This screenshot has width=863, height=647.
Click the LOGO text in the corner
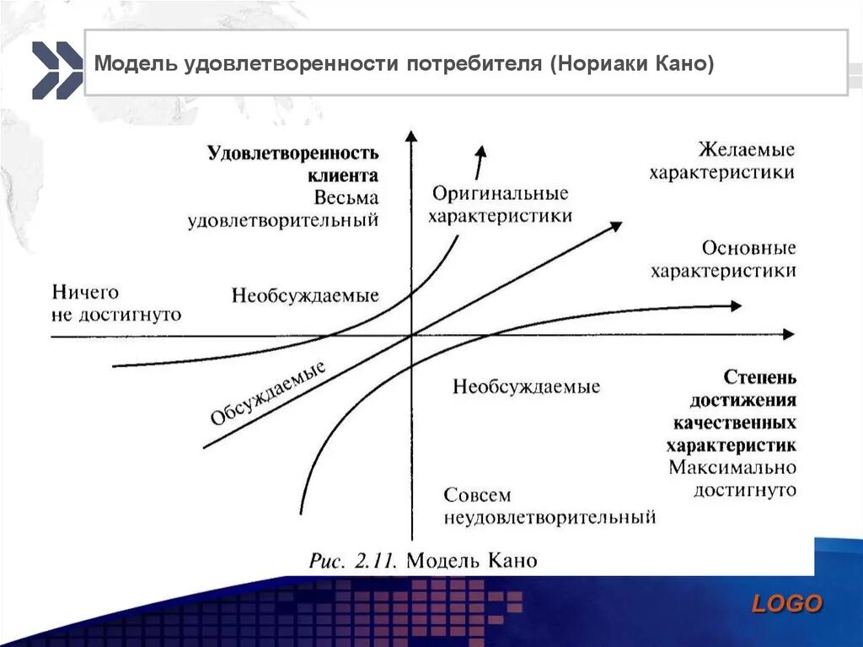[x=786, y=603]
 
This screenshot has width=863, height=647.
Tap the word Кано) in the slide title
[x=684, y=64]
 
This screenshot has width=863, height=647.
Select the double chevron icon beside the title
[x=56, y=70]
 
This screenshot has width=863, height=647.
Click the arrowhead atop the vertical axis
[x=410, y=136]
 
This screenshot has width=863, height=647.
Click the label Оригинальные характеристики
[x=500, y=205]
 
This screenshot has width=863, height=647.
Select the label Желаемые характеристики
[x=721, y=161]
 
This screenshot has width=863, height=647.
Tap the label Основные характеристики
[x=723, y=260]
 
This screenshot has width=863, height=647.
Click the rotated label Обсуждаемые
[x=268, y=393]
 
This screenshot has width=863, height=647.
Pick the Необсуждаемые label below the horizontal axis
[x=526, y=387]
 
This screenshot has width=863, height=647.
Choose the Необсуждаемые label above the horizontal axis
[x=305, y=296]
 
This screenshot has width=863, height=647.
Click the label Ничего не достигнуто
[x=116, y=304]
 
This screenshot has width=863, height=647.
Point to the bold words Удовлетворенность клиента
[x=292, y=164]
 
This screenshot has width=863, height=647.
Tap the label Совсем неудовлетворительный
[x=549, y=506]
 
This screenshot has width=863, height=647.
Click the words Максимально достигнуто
[x=732, y=477]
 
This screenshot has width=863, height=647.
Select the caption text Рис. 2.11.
[x=357, y=560]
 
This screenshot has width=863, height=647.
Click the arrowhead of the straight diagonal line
[x=615, y=225]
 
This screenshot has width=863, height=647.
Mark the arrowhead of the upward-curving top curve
[x=481, y=151]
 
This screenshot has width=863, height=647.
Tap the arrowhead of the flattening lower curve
[x=736, y=305]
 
